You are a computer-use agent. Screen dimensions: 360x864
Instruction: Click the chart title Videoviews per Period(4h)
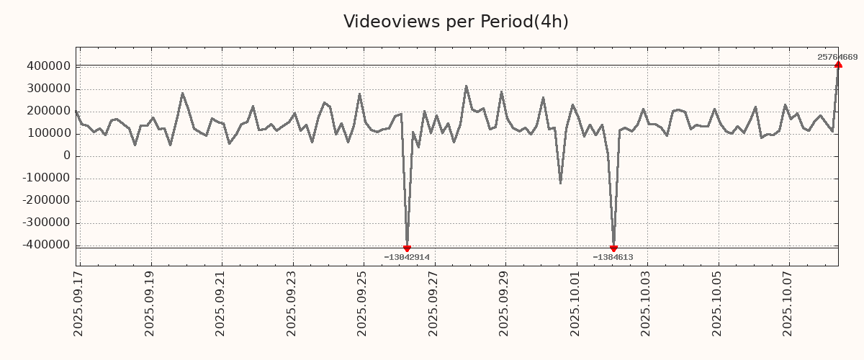click(456, 22)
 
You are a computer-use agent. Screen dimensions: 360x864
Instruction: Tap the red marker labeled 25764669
click(838, 65)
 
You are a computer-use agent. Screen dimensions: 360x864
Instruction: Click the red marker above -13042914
click(407, 248)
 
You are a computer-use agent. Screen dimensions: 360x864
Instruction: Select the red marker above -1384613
click(613, 248)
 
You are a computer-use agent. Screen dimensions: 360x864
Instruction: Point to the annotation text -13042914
click(407, 257)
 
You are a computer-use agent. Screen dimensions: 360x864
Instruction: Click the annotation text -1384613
click(613, 257)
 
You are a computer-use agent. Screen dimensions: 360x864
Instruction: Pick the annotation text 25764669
click(837, 57)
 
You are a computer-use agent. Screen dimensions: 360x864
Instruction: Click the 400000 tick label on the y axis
click(48, 67)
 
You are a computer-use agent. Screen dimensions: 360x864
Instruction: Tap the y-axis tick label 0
click(67, 156)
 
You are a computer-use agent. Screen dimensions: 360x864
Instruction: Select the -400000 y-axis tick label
click(46, 246)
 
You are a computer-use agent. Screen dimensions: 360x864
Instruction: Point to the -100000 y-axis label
click(46, 179)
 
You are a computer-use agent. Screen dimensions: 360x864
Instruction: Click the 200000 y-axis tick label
click(48, 112)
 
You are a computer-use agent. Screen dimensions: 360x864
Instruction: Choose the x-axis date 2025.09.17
click(79, 302)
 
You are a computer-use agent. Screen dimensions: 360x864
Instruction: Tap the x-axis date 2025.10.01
click(575, 302)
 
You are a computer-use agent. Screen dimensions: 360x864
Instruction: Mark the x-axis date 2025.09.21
click(221, 302)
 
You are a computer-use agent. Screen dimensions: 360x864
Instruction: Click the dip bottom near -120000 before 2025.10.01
click(560, 183)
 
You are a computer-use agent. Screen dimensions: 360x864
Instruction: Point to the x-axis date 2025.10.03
click(646, 302)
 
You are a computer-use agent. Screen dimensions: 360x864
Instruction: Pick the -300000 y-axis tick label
click(46, 223)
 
